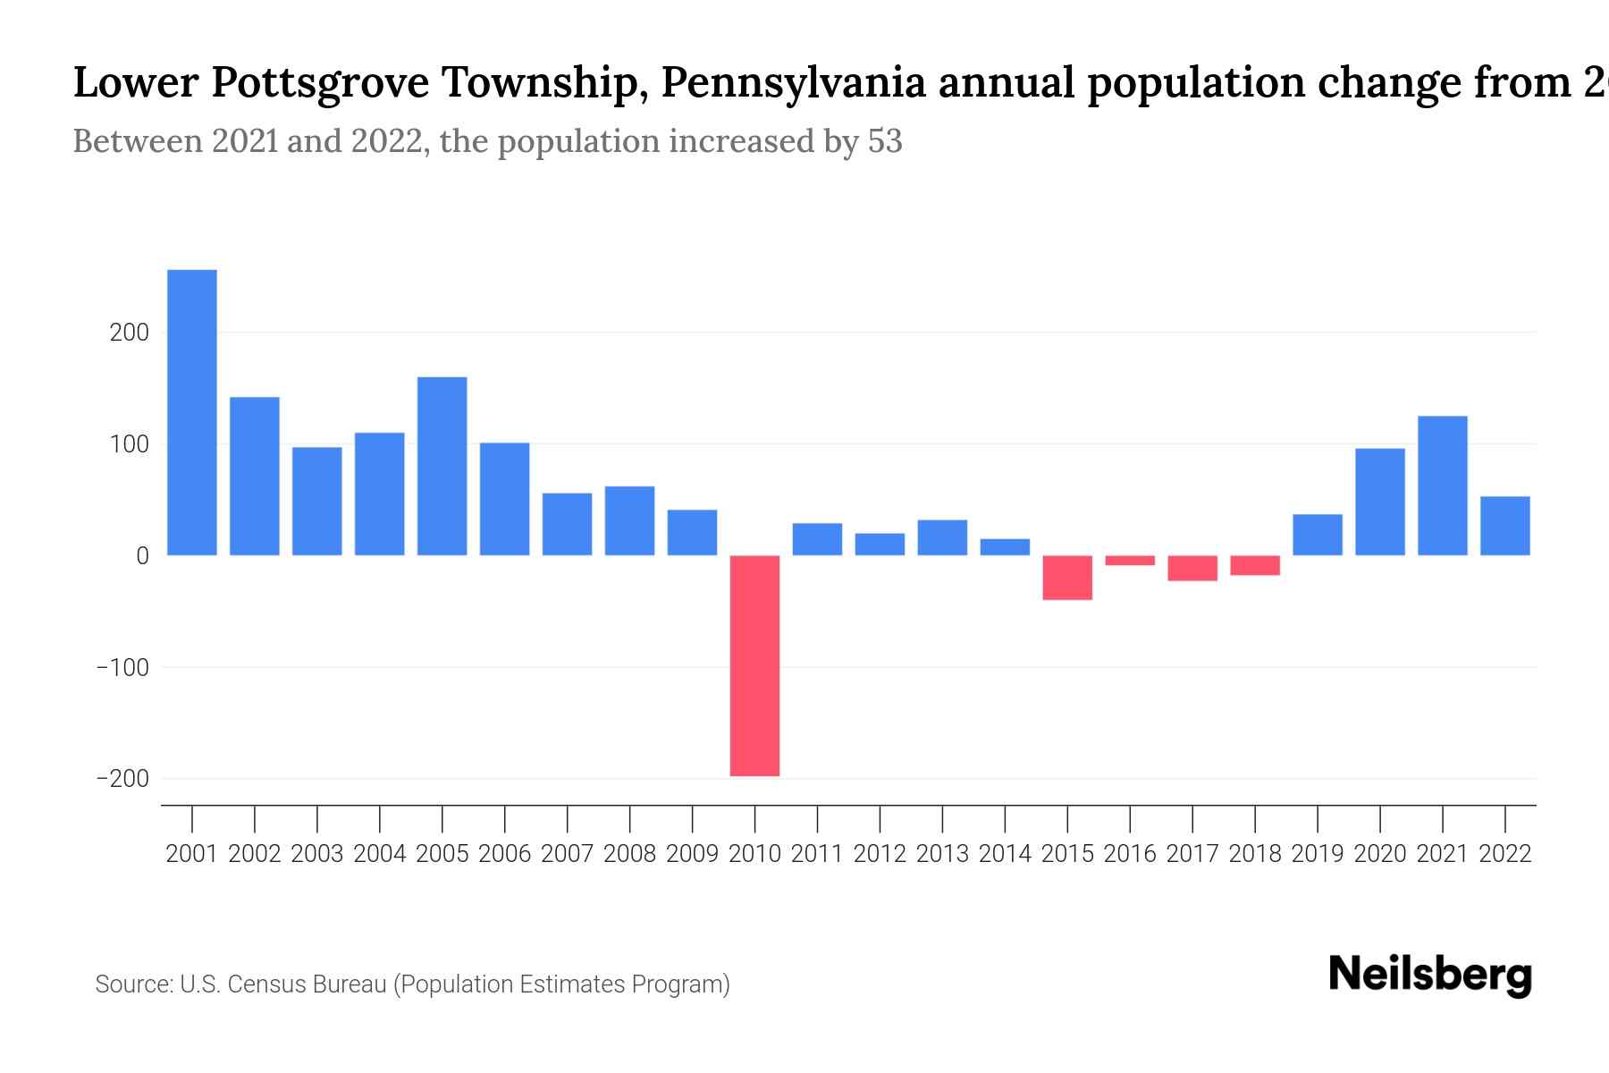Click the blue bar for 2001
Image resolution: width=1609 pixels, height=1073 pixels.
click(x=192, y=412)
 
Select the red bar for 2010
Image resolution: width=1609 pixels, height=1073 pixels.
click(x=754, y=665)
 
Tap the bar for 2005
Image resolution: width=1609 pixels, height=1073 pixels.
click(x=442, y=466)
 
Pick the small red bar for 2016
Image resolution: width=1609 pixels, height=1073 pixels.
click(x=1130, y=561)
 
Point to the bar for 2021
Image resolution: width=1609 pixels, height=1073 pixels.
click(x=1442, y=486)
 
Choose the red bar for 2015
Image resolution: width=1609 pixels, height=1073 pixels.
click(x=1067, y=578)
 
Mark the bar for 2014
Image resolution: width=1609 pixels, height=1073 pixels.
click(x=1005, y=547)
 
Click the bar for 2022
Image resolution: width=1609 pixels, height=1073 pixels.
click(x=1504, y=526)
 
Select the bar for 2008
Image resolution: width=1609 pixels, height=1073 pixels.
click(x=629, y=520)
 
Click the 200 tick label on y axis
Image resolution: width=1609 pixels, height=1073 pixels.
click(x=129, y=333)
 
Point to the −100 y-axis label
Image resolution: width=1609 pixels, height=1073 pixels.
click(x=122, y=668)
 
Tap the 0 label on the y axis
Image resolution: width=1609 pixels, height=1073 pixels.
click(x=142, y=556)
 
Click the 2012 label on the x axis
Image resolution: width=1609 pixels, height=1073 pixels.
click(x=880, y=854)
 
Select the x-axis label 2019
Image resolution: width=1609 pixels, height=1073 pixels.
click(x=1317, y=854)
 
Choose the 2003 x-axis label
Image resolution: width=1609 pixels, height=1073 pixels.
click(x=317, y=854)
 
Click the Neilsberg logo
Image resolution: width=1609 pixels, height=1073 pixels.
click(x=1430, y=975)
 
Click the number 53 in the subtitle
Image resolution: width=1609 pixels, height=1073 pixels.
click(x=884, y=141)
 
